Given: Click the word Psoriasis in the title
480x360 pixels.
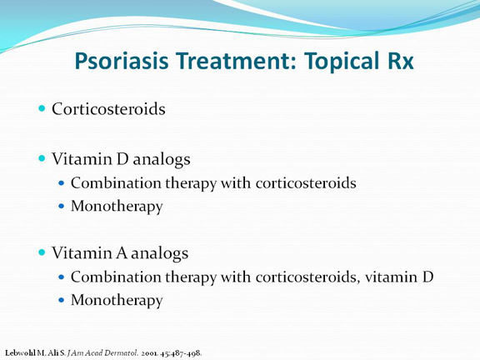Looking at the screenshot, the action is pos(122,61).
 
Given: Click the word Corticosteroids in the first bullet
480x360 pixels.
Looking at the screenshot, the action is pos(108,108).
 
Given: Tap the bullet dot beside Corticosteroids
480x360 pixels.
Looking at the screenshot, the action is pos(42,108).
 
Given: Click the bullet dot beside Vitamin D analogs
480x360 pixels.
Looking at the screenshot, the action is pos(42,158).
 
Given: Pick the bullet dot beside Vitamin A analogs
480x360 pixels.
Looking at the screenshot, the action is pos(42,252).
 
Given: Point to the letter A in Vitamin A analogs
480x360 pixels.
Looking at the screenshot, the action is pos(122,252).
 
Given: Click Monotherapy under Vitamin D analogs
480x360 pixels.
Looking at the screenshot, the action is pos(117,206).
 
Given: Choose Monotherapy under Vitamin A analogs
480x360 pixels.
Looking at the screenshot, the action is pos(117,300).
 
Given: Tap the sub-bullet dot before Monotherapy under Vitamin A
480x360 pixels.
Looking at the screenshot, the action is pos(62,300).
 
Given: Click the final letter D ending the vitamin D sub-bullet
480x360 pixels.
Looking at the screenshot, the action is pos(427,277).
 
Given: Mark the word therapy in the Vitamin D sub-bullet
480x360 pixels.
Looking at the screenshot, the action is pos(191,183).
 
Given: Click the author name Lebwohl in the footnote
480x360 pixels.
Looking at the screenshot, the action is pos(21,352).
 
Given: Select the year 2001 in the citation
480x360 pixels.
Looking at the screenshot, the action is pos(149,353).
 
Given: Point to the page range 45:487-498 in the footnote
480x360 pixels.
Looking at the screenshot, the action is pos(181,353).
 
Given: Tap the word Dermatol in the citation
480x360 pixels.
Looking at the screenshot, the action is pos(122,352).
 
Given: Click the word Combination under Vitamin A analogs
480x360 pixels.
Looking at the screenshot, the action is pos(116,277).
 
